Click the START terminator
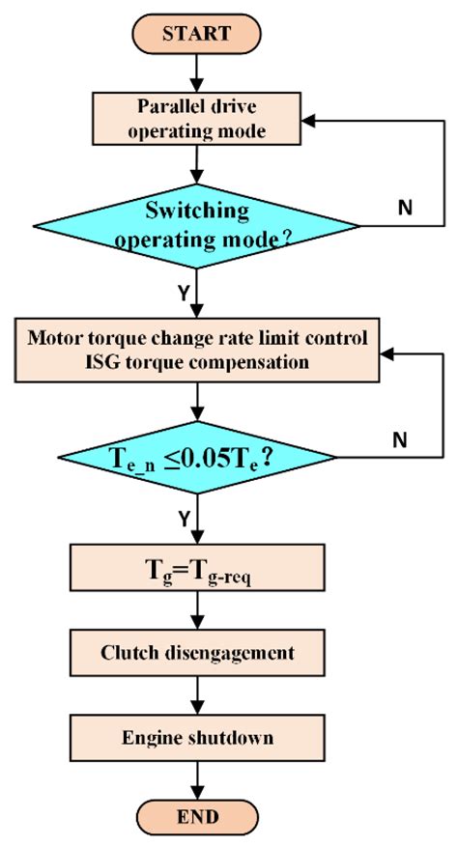coord(198,33)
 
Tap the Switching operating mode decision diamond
coord(198,225)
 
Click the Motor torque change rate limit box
coord(198,350)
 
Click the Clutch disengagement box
coord(198,654)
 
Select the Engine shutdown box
coord(198,737)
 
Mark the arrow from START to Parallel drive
coord(198,72)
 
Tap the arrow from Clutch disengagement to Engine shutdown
coord(198,695)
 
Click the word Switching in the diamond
coord(198,210)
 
